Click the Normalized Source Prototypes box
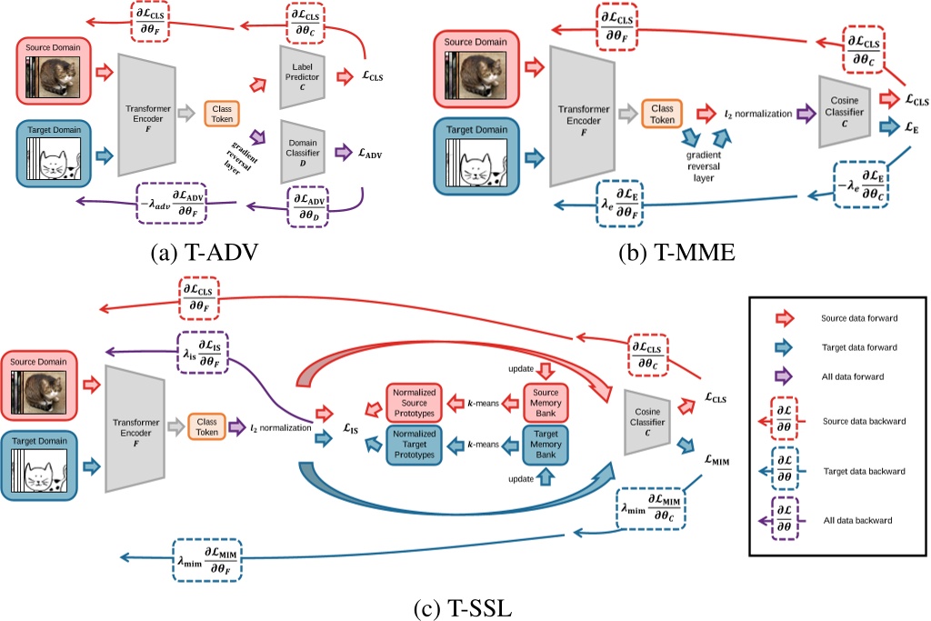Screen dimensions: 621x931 tap(415, 401)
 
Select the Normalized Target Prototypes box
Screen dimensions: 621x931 tap(415, 444)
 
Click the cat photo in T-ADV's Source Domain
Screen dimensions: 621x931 tap(55, 77)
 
